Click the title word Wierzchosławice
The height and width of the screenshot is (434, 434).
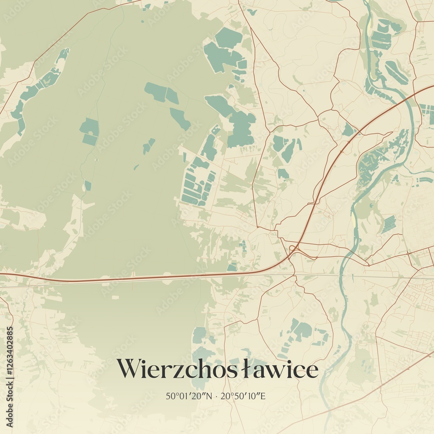[217, 369]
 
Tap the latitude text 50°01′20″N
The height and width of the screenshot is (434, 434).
[187, 396]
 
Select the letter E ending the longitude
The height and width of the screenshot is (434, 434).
[263, 396]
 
